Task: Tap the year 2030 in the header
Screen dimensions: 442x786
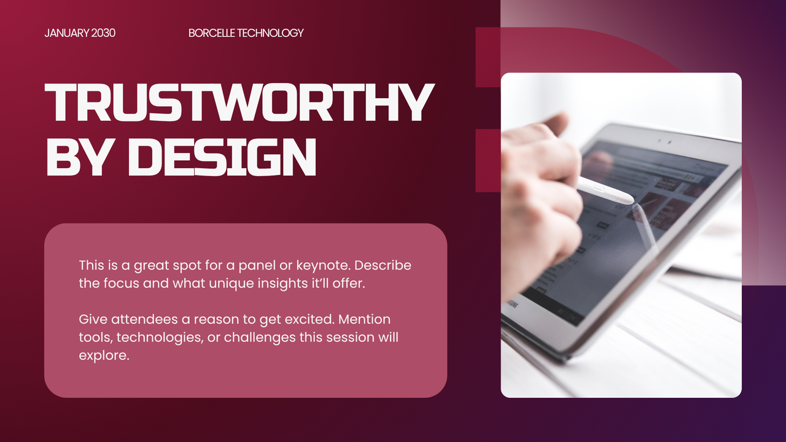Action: pos(103,33)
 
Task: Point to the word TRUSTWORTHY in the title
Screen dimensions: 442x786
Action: pos(239,103)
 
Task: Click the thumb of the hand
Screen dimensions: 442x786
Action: pos(556,123)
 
